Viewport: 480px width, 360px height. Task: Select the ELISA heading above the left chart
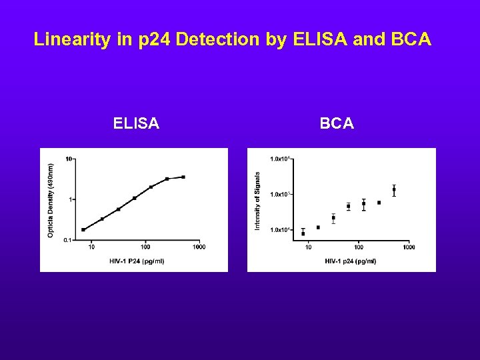[136, 123]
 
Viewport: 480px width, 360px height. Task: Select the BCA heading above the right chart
[337, 123]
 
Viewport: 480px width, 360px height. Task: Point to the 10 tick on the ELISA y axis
[68, 159]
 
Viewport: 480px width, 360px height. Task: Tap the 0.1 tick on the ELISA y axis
[67, 240]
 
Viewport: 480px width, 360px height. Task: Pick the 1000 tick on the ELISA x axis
[199, 247]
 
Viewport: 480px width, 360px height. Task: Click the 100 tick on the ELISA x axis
[145, 247]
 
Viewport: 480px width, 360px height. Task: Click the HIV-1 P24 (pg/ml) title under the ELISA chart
[137, 261]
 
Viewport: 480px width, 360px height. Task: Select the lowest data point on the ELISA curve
[83, 229]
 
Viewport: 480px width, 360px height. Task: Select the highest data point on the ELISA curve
[183, 177]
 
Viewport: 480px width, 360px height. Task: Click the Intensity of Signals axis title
[258, 201]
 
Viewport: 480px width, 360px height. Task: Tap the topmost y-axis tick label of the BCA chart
[279, 159]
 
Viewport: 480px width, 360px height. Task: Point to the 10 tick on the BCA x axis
[308, 247]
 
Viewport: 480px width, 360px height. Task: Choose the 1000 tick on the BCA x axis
[409, 247]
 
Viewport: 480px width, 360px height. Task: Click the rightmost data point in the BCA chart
[394, 190]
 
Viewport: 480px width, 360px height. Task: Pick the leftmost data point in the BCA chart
[303, 233]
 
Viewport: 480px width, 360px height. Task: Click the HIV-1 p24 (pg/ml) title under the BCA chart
[351, 261]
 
